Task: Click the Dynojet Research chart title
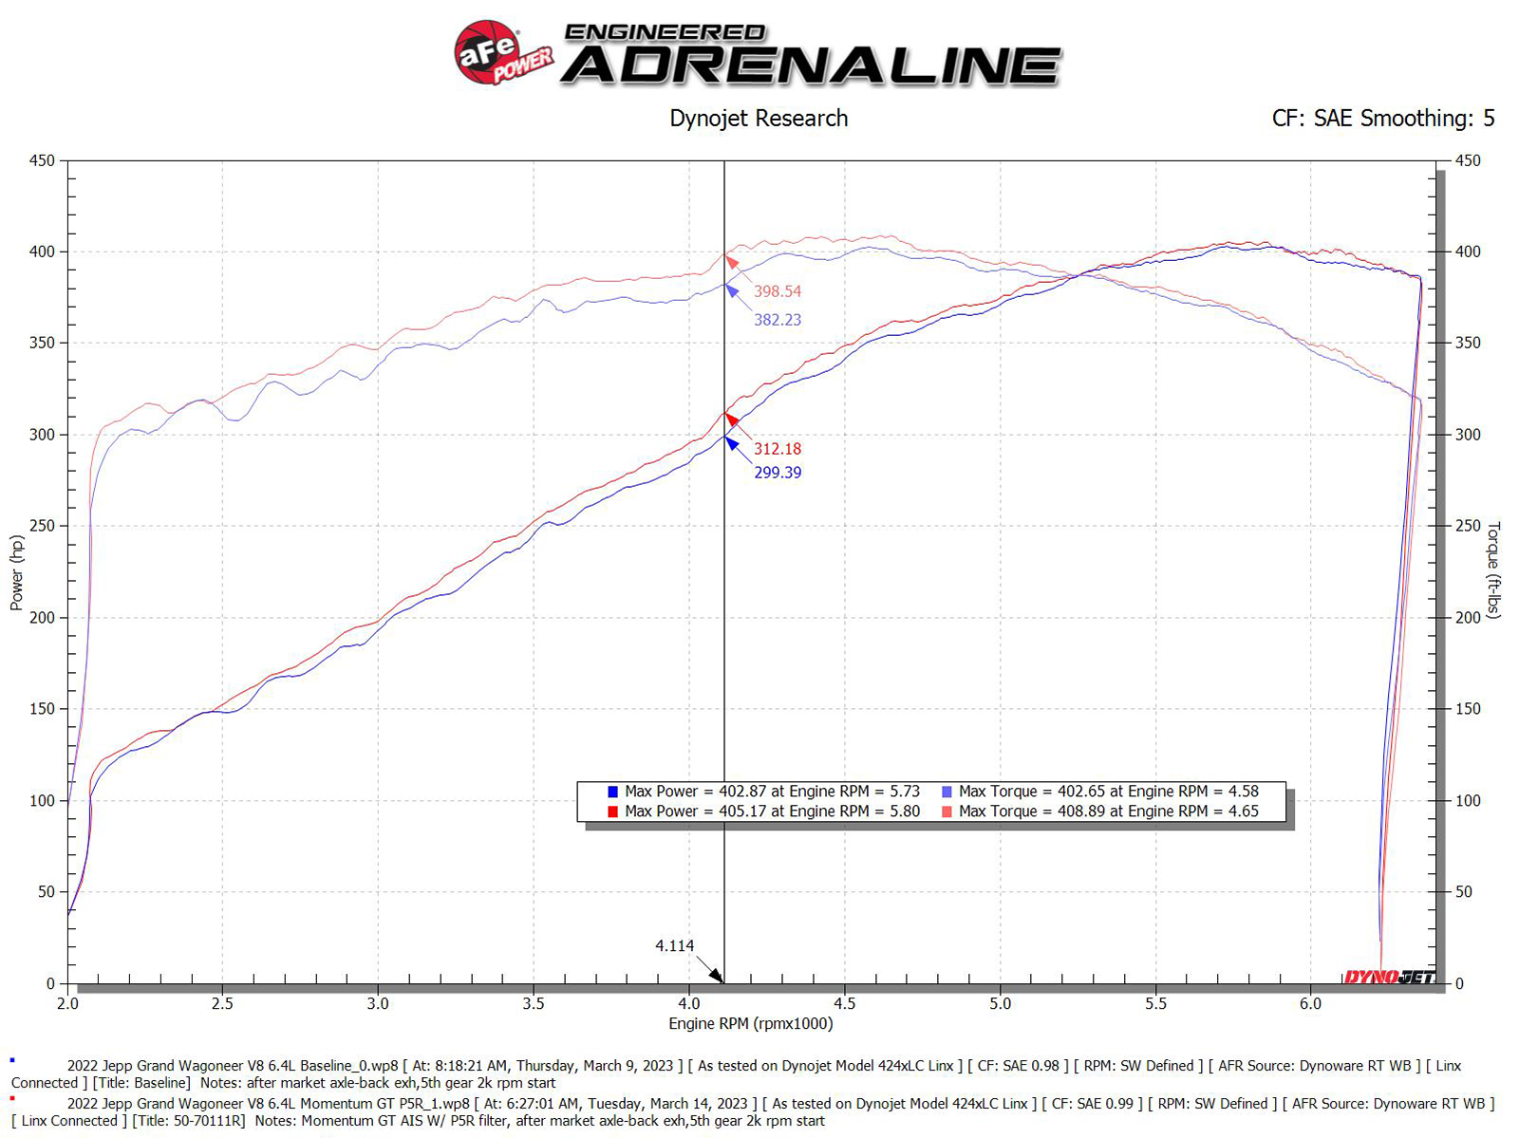(758, 119)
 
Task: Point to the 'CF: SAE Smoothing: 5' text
(1382, 119)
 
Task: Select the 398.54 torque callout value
(777, 291)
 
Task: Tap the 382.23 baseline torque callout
(777, 320)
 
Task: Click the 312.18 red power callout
(777, 449)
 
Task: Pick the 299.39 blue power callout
(777, 473)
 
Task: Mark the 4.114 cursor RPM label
(674, 945)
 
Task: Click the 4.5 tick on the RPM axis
(844, 1003)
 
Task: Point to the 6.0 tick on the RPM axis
(1310, 1003)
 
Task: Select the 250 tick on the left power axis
(43, 526)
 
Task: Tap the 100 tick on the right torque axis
(1468, 800)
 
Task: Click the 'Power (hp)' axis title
(17, 572)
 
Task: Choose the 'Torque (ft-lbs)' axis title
(1493, 569)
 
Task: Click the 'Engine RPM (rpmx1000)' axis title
(750, 1023)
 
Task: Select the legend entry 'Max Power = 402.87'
(764, 792)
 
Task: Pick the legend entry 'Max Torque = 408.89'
(1101, 812)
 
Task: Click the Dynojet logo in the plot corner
(1389, 977)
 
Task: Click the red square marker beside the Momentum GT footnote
(12, 1098)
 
